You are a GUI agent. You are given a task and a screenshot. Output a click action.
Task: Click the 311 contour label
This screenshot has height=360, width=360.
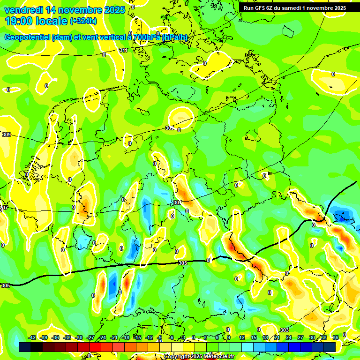[x=123, y=50]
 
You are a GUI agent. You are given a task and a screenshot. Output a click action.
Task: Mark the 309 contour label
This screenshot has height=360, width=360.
[x=7, y=135]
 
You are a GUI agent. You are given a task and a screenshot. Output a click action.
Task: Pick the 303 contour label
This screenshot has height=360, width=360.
[x=284, y=330]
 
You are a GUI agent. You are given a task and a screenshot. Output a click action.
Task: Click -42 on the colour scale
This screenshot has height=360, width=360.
[x=32, y=337]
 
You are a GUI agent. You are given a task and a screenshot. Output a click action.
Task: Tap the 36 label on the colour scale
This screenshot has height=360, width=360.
[x=336, y=337]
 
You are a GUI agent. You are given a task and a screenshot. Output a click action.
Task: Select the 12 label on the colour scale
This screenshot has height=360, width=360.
[x=242, y=337]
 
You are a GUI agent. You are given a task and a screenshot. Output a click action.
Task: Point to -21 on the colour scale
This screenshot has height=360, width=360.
[x=114, y=337]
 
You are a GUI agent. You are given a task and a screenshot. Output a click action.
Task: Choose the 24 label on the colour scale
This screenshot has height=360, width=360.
[x=289, y=337]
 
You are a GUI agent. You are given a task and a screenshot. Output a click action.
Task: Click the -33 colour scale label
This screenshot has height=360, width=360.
[x=67, y=337]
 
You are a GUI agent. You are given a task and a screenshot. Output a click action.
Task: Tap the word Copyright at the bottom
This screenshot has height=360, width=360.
[x=178, y=357]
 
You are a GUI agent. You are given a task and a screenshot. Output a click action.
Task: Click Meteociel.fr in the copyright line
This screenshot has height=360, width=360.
[x=219, y=357]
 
